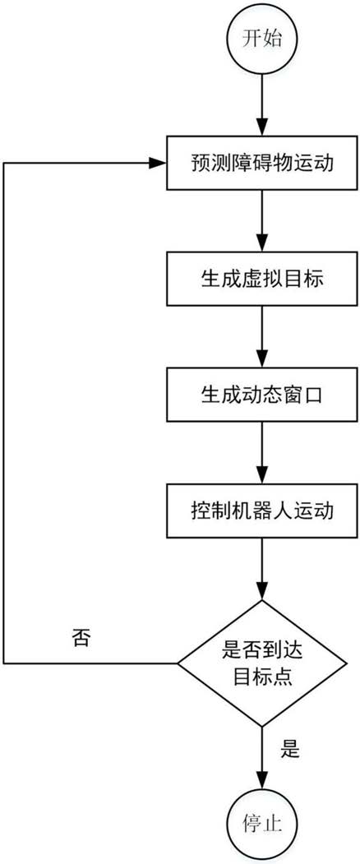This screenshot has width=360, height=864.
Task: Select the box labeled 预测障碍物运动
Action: (262, 164)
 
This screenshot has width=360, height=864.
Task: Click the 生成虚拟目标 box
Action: (262, 280)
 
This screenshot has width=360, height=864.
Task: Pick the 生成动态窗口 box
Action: (262, 395)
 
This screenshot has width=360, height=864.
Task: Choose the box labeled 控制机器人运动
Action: (262, 511)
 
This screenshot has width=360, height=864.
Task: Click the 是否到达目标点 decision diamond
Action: (262, 663)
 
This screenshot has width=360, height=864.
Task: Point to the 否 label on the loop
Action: (83, 638)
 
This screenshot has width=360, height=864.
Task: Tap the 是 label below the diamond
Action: (290, 751)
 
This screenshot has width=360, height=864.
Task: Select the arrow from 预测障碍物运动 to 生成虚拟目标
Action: (262, 221)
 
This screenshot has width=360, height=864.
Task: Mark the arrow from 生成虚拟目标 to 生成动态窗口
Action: (262, 337)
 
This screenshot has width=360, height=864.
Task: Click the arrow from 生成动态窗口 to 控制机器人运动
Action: (262, 453)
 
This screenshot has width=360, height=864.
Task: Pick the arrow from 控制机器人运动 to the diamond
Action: (262, 569)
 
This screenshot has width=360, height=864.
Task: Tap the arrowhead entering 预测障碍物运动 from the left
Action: (159, 163)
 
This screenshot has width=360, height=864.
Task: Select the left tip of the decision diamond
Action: (177, 663)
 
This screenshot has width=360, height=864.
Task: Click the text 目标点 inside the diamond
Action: (262, 676)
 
